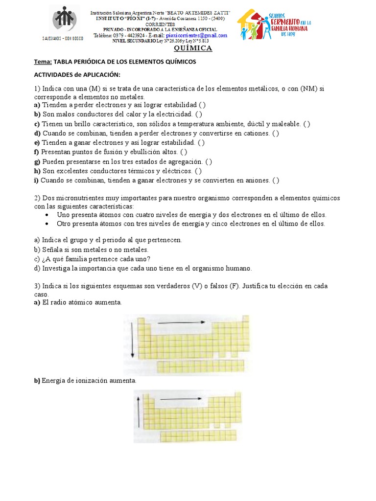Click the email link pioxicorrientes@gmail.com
tap(196, 35)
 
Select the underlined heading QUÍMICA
tap(193, 48)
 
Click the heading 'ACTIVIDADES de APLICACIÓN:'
tap(76, 75)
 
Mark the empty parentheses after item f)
tap(183, 152)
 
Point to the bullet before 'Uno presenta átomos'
tap(47, 215)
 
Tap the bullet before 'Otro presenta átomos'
tap(47, 224)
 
